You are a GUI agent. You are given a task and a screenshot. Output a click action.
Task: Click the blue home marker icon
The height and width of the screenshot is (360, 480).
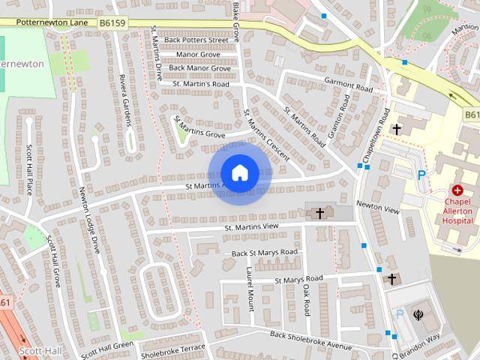coord(239,173)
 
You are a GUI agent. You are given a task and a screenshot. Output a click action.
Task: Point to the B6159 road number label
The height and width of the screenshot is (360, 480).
coord(112,24)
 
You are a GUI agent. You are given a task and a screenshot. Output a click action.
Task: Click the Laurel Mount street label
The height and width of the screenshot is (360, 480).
coord(250,292)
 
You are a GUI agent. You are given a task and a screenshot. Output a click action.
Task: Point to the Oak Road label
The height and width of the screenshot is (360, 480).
coord(307,298)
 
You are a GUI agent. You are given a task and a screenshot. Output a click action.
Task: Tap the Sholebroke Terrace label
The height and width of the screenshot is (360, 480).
coord(172,349)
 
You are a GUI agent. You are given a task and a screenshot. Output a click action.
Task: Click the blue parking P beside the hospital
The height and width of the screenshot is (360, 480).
coord(421,174)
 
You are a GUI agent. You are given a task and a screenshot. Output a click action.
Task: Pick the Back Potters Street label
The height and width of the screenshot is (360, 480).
coord(196,40)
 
